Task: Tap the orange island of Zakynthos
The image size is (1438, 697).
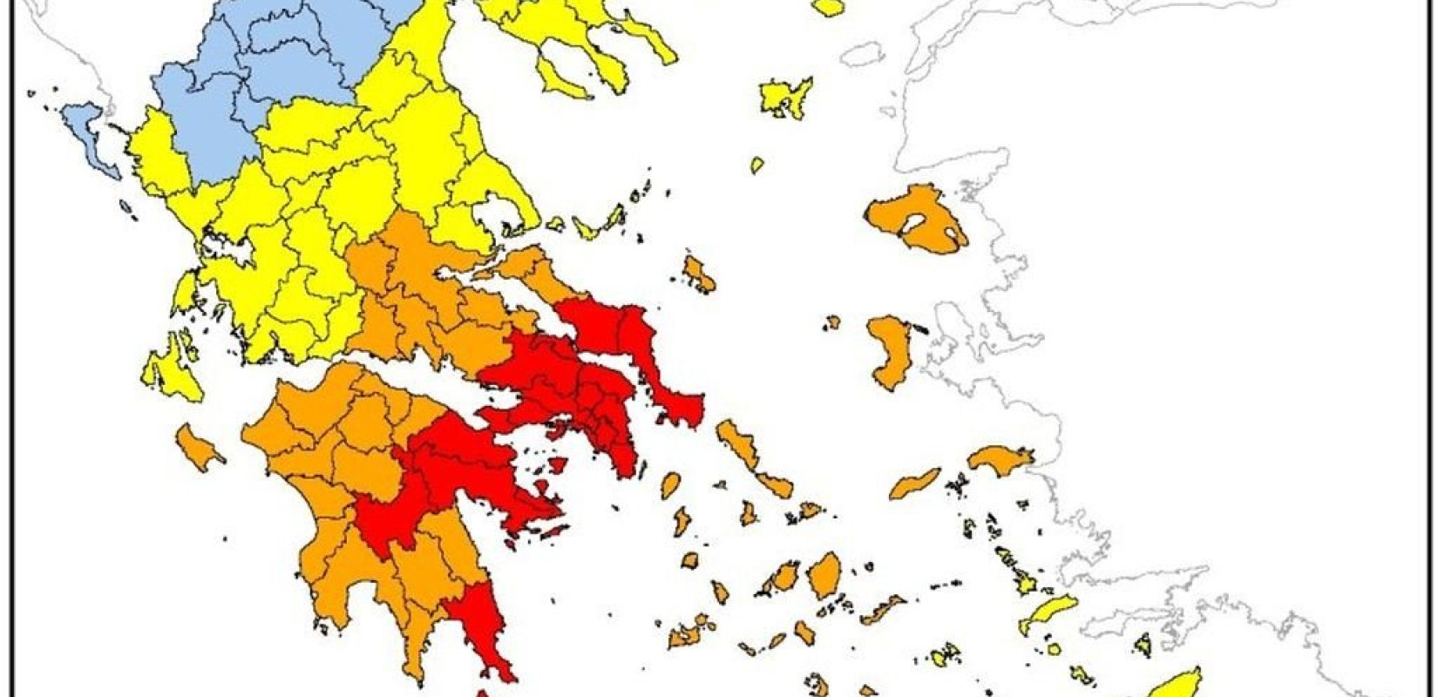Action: (197, 445)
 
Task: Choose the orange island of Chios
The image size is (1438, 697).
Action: (889, 348)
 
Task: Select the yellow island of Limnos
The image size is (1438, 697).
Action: (784, 96)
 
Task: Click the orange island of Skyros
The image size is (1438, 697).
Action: (698, 274)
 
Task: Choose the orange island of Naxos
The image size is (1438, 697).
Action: (824, 575)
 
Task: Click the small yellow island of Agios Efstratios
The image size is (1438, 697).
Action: (756, 165)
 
